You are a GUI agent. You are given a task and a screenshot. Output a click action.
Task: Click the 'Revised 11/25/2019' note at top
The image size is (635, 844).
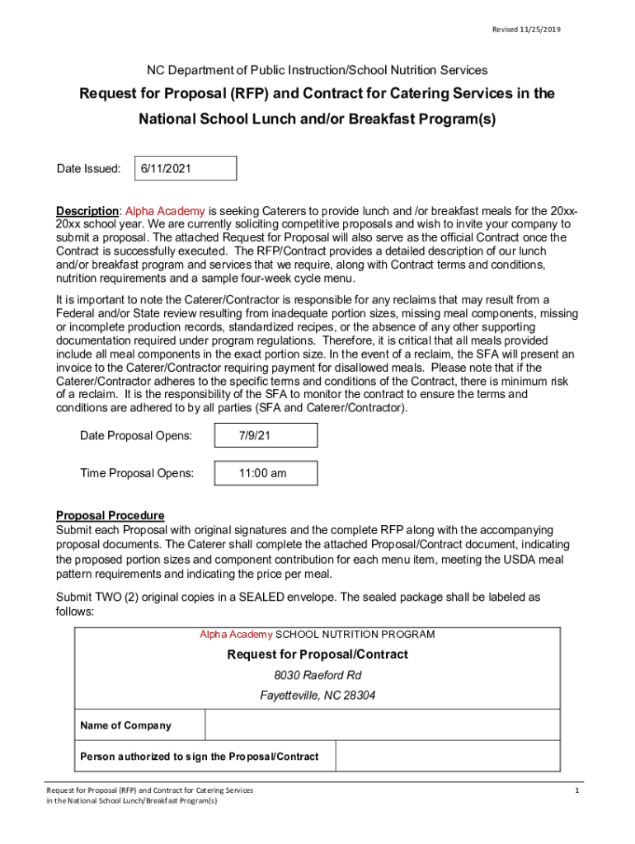[526, 30]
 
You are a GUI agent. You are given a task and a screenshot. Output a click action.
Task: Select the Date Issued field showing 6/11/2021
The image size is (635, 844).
[179, 168]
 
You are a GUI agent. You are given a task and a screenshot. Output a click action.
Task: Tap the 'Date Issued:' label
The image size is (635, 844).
[88, 168]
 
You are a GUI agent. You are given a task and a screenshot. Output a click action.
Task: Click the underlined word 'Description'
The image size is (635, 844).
[87, 210]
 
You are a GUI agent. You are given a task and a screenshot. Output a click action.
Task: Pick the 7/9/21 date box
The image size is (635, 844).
[265, 435]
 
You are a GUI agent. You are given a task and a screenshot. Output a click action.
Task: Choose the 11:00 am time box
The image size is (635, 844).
[265, 473]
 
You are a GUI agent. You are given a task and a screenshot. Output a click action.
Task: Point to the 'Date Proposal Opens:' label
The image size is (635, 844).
[136, 435]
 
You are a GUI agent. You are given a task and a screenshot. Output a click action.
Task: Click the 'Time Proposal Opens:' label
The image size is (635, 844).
[137, 473]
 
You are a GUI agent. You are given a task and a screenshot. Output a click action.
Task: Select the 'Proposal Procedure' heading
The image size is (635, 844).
[110, 516]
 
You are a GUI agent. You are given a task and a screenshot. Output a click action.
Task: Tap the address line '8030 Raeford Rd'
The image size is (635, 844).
[317, 675]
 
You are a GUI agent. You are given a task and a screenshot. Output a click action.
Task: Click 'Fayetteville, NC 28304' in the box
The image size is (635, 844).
[317, 696]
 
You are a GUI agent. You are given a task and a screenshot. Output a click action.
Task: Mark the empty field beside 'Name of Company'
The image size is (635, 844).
[383, 725]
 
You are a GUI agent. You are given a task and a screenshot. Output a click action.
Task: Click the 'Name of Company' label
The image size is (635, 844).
[125, 725]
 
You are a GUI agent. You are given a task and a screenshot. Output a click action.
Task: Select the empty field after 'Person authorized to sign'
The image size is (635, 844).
[449, 757]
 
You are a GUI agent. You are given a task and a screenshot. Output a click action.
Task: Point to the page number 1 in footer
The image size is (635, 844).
[577, 790]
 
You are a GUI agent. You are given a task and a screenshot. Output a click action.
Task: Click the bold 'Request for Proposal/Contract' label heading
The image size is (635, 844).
[317, 654]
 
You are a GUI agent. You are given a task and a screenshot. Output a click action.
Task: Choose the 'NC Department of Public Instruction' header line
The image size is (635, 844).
[317, 70]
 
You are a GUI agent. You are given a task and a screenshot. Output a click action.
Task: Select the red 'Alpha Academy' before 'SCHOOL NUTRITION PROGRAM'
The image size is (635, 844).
[235, 635]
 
